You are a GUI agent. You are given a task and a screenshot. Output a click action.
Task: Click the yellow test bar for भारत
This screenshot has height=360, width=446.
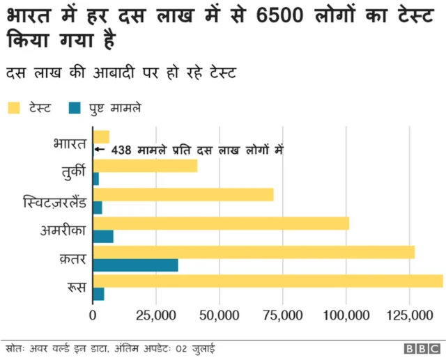coord(101,136)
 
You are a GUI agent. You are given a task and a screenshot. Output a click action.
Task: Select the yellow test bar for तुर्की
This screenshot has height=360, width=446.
coord(145,166)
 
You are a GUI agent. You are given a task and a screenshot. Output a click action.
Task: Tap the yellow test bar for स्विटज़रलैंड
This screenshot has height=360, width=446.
coord(183,194)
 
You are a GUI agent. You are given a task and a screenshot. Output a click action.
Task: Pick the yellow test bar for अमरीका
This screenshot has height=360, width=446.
coord(221,224)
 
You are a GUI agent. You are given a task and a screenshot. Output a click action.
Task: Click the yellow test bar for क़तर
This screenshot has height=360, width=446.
coord(254,252)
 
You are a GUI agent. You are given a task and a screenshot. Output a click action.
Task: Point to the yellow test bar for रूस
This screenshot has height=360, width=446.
coord(268,281)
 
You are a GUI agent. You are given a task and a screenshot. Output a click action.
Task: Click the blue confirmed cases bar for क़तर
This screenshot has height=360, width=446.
coord(135,265)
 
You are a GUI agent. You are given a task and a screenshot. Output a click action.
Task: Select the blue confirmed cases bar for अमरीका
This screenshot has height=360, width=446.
coord(102,237)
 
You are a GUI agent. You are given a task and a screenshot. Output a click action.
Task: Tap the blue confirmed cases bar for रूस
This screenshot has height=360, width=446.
coord(98,294)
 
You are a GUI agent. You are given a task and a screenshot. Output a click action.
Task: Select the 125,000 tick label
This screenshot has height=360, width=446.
coord(409,315)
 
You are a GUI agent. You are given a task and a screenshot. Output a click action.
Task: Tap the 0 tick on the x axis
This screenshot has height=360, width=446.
coord(93,315)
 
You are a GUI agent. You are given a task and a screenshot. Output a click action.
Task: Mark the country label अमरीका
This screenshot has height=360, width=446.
coord(63,230)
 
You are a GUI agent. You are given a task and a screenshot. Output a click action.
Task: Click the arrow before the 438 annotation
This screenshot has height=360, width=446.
coord(99,149)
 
